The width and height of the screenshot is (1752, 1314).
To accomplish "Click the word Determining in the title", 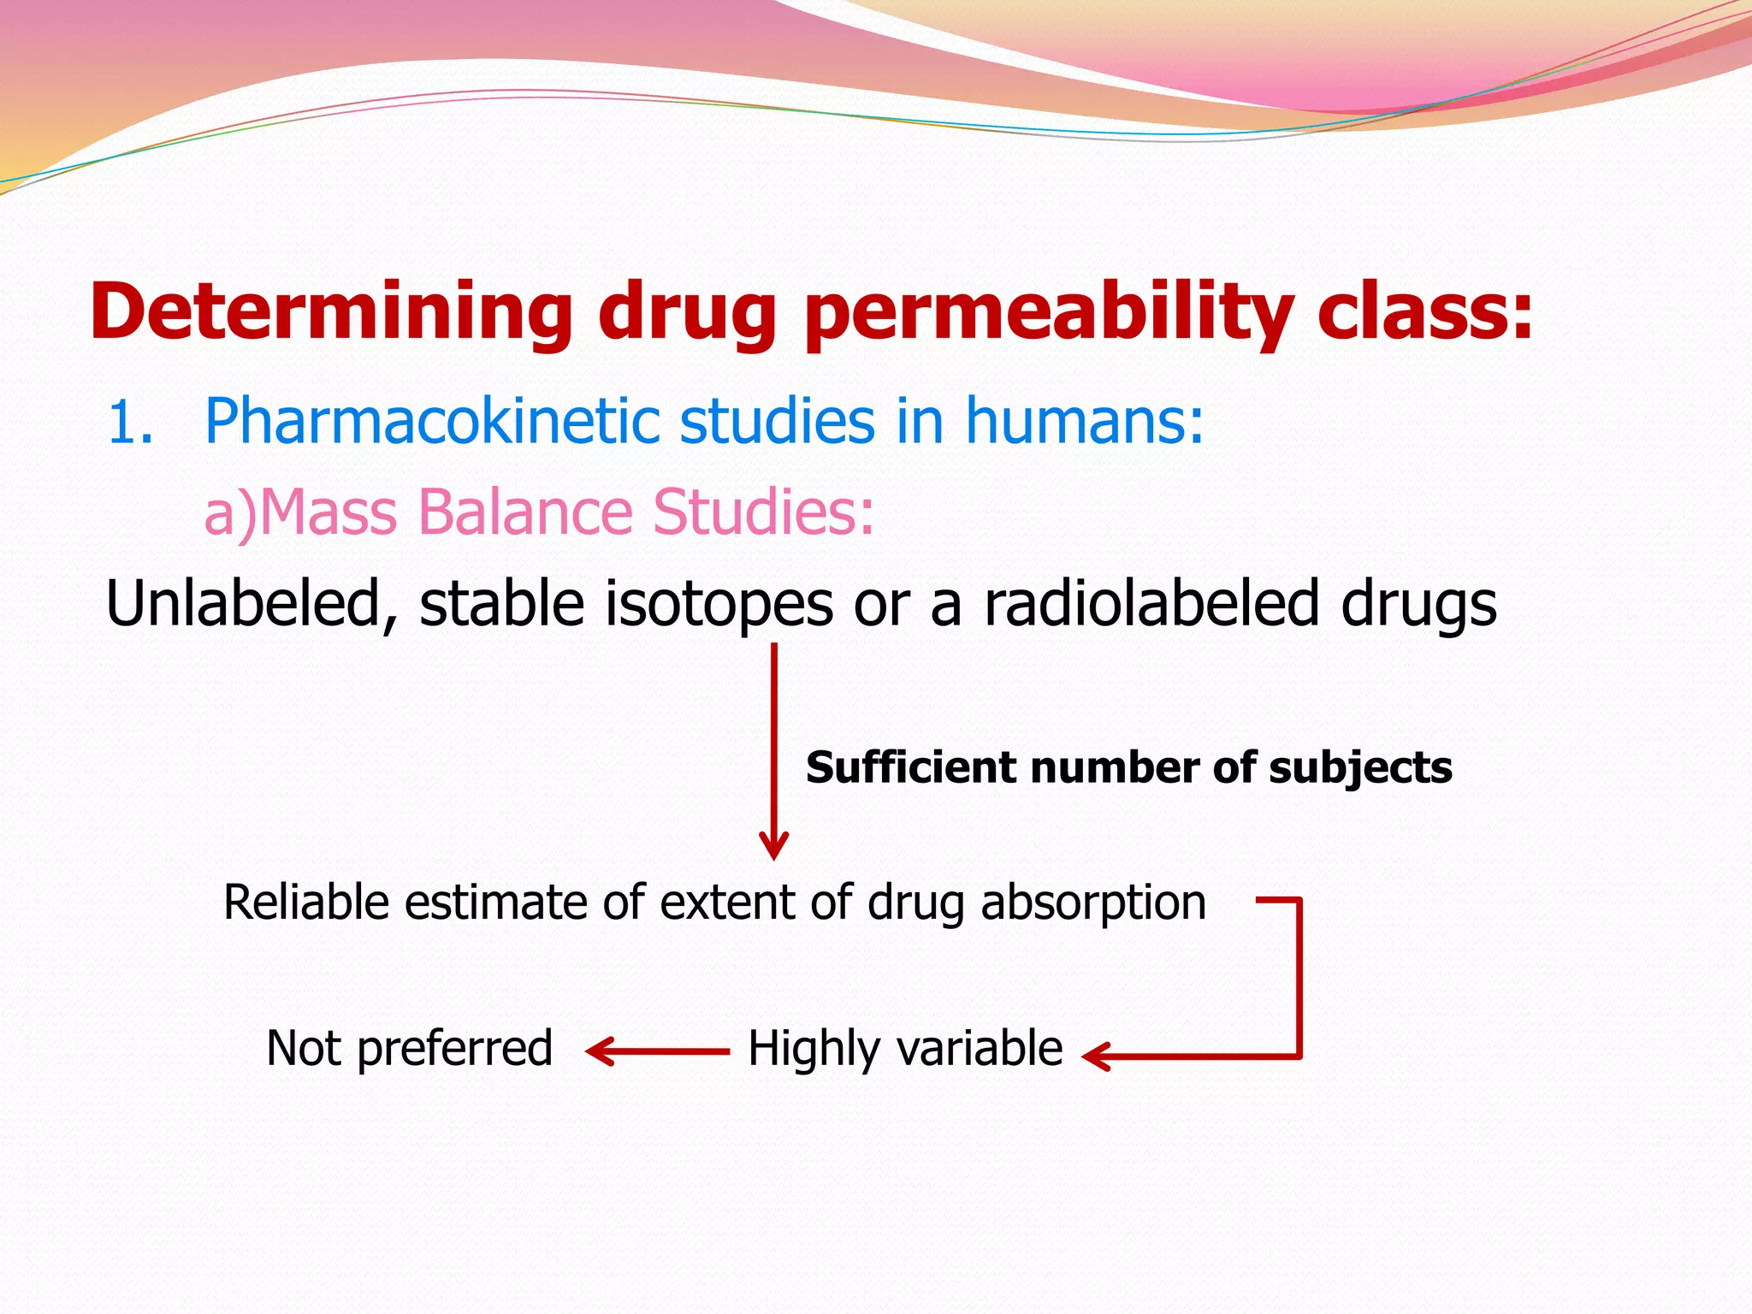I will tap(330, 311).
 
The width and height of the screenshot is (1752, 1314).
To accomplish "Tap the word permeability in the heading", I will tap(1048, 311).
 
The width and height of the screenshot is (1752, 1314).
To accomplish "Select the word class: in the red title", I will tap(1424, 311).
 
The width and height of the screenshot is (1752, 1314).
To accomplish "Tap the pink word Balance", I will tap(526, 512).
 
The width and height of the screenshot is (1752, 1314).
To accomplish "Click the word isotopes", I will tap(719, 604).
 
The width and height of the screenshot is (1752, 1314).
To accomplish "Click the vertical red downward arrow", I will tap(773, 753).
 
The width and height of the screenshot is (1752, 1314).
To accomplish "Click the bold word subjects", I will tap(1360, 767).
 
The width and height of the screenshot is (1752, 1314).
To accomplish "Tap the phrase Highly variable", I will tap(905, 1049).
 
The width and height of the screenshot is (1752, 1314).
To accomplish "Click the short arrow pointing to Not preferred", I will tap(657, 1051).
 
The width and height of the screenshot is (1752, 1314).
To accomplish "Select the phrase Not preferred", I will tap(409, 1049).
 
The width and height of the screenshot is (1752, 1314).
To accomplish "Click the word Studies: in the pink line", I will tap(763, 512).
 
